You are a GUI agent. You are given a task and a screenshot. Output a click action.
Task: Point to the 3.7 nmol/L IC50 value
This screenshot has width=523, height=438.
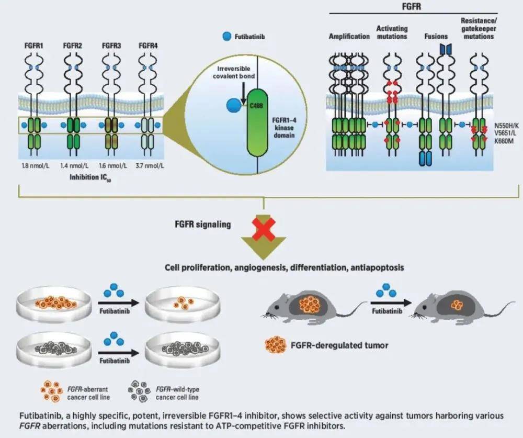[x=148, y=166]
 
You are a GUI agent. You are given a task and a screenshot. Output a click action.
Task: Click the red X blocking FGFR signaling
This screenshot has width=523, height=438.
[x=264, y=226]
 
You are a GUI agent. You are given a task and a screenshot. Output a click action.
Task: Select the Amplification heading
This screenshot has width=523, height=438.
[x=349, y=36]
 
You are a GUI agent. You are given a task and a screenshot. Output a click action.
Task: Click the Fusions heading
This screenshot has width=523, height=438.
[x=436, y=36]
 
